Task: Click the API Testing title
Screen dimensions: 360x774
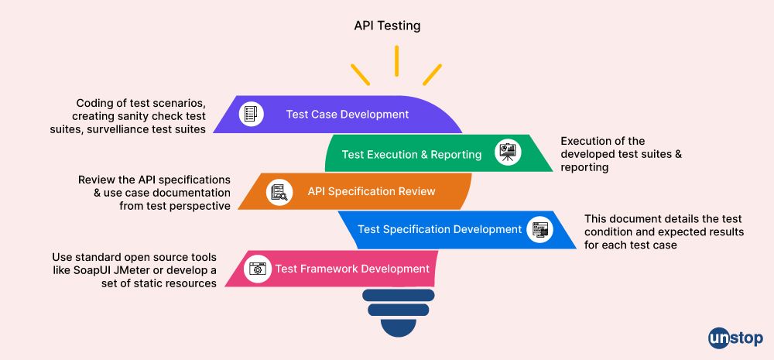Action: coord(387,26)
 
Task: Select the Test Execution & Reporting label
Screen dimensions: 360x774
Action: coord(411,154)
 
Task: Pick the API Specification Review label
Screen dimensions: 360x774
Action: coord(371,191)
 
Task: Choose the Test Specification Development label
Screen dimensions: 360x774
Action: coord(439,229)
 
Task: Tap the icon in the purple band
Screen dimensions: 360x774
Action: coord(251,115)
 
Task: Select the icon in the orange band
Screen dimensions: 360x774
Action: coord(279,192)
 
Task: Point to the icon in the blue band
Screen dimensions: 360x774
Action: coord(539,229)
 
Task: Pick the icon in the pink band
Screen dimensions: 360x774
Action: coord(256,269)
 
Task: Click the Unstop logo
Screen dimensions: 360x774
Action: coord(735,338)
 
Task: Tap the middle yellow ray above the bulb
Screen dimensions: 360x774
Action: coord(396,61)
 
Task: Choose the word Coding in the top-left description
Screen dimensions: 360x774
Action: coord(93,103)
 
